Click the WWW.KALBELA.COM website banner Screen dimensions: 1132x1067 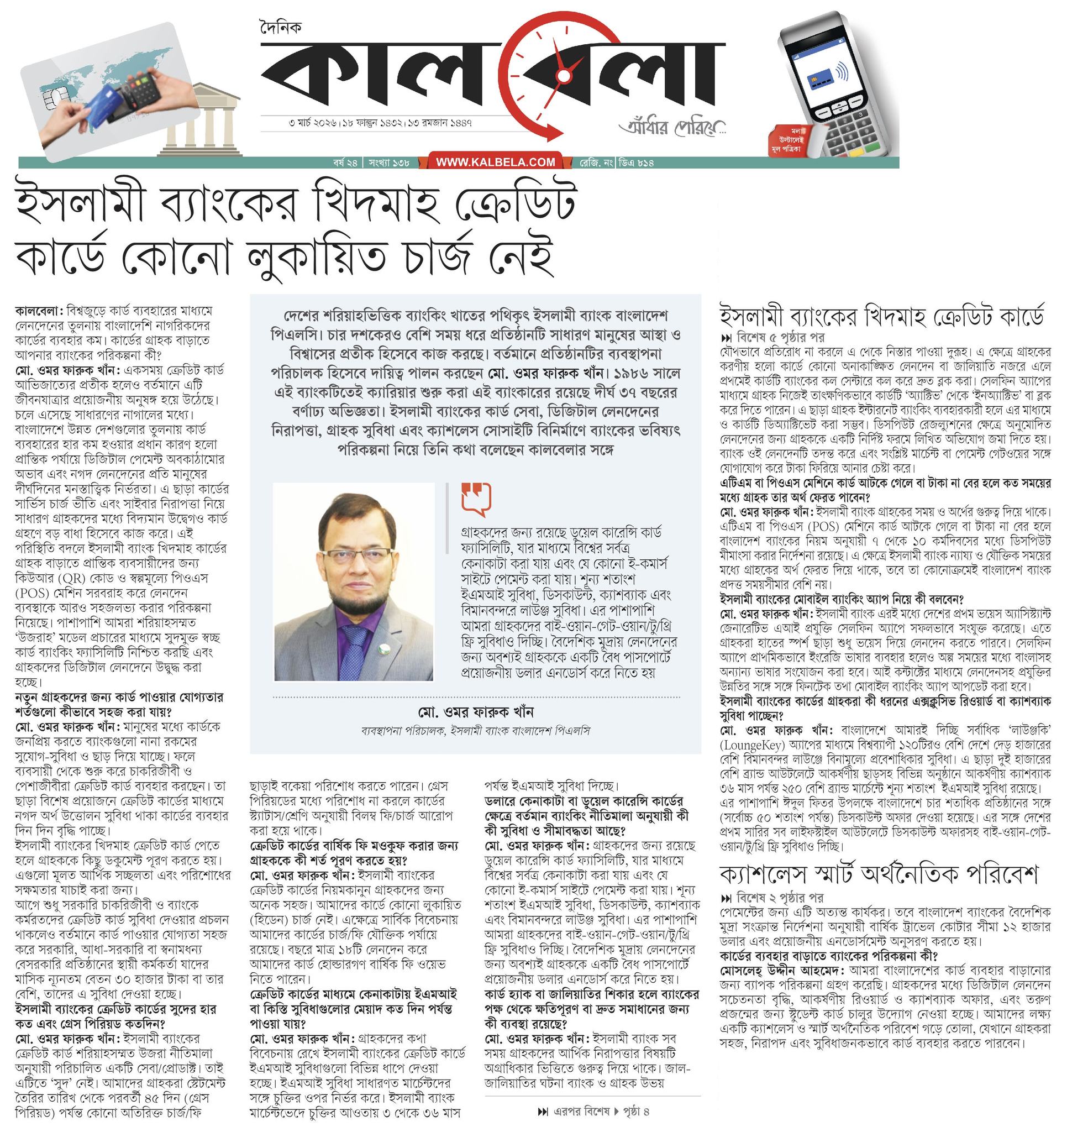[x=495, y=163]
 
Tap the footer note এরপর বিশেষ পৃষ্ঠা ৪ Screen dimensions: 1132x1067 [x=593, y=1111]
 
